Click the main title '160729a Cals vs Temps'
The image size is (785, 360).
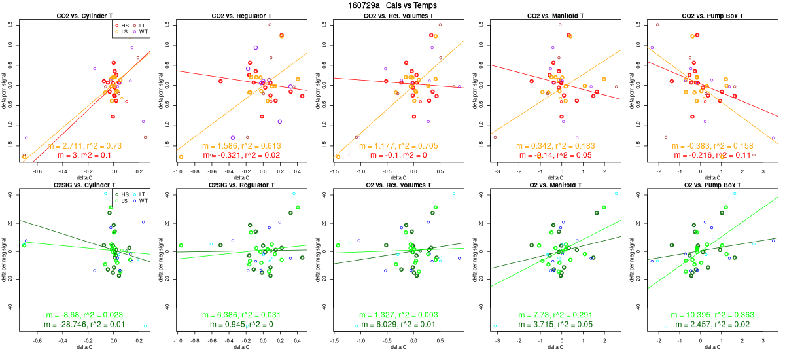[392, 5]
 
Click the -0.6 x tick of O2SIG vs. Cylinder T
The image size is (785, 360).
[37, 340]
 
